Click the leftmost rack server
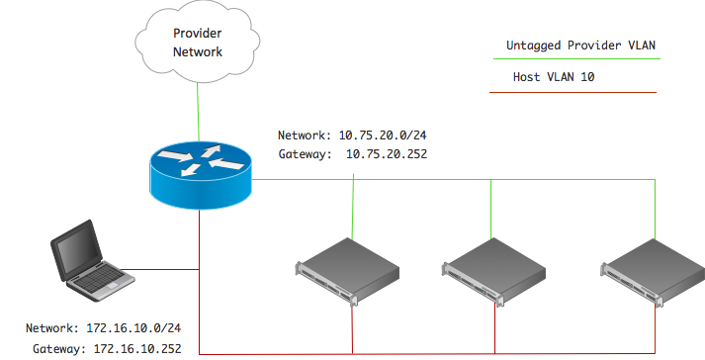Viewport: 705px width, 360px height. tap(350, 270)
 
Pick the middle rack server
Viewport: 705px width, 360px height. tap(493, 268)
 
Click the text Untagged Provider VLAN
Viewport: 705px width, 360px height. tap(580, 45)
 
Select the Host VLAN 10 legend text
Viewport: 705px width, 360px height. tap(554, 77)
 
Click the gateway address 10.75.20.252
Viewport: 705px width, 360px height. tap(386, 154)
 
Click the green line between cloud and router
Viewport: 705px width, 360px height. tap(199, 109)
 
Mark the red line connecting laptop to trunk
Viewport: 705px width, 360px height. tap(163, 267)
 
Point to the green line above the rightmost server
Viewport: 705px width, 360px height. tap(654, 208)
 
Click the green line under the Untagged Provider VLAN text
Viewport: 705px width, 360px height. tap(573, 59)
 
